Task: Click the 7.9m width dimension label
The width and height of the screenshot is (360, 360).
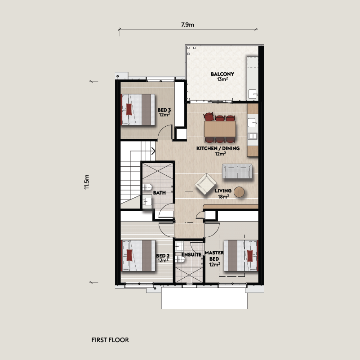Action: [187, 25]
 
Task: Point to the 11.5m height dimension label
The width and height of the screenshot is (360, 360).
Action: [87, 182]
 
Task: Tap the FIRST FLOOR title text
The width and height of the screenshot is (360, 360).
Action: [110, 340]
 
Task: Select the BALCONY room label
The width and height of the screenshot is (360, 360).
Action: [222, 74]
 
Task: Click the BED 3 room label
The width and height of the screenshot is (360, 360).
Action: [164, 110]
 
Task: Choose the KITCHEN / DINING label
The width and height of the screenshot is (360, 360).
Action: [218, 148]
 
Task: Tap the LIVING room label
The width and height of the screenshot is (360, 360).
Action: [223, 191]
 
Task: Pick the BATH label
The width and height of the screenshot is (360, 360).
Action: [160, 193]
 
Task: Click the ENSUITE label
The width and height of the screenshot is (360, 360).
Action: [191, 255]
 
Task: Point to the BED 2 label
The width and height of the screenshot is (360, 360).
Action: [163, 256]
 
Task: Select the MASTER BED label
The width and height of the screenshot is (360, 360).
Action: [214, 256]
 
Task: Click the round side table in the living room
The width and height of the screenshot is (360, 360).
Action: [239, 192]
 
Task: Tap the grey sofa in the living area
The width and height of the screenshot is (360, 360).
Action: [237, 171]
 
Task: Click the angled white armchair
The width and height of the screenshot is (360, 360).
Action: [205, 184]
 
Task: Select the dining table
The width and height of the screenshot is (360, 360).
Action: [220, 129]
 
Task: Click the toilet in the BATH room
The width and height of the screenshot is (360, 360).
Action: [147, 187]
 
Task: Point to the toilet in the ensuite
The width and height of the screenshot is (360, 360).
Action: [180, 259]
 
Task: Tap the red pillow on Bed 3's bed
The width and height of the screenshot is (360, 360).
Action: [129, 110]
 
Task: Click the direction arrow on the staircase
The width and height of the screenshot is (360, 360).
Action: [153, 151]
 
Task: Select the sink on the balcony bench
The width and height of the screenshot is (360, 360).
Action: [252, 94]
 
